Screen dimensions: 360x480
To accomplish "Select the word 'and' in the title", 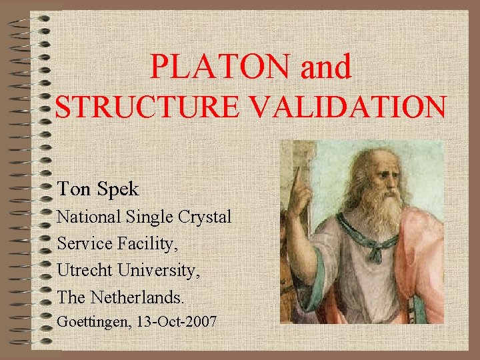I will [x=326, y=67].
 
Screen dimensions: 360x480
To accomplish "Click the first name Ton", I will [x=71, y=189].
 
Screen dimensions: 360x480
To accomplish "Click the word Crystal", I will [x=205, y=218].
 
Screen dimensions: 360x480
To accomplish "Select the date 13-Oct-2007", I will [x=176, y=322].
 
